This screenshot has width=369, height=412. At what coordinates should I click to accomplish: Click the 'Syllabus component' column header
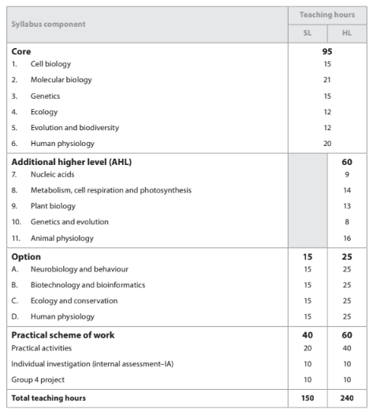pos(48,24)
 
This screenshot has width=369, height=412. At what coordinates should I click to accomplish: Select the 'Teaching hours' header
pos(326,15)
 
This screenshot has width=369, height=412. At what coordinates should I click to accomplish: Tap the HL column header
pos(346,33)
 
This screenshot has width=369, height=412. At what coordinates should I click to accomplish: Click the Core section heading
pos(21,51)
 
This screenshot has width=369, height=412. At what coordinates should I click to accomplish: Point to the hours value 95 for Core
pos(326,51)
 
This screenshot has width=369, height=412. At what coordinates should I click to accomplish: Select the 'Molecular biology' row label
pos(61,80)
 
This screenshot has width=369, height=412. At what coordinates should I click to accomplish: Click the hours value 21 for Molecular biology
pos(326,80)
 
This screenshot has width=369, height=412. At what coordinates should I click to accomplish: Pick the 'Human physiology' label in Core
pos(63,144)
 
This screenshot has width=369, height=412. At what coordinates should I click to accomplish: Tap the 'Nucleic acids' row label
pos(55,174)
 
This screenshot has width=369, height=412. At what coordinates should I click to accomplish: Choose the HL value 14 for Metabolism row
pos(346,190)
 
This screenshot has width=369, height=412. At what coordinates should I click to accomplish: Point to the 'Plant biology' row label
pos(54,206)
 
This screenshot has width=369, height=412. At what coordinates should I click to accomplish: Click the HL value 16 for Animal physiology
pos(346,238)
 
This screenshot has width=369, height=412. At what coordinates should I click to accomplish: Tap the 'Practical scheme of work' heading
pos(63,335)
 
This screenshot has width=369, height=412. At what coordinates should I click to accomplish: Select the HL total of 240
pos(346,398)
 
